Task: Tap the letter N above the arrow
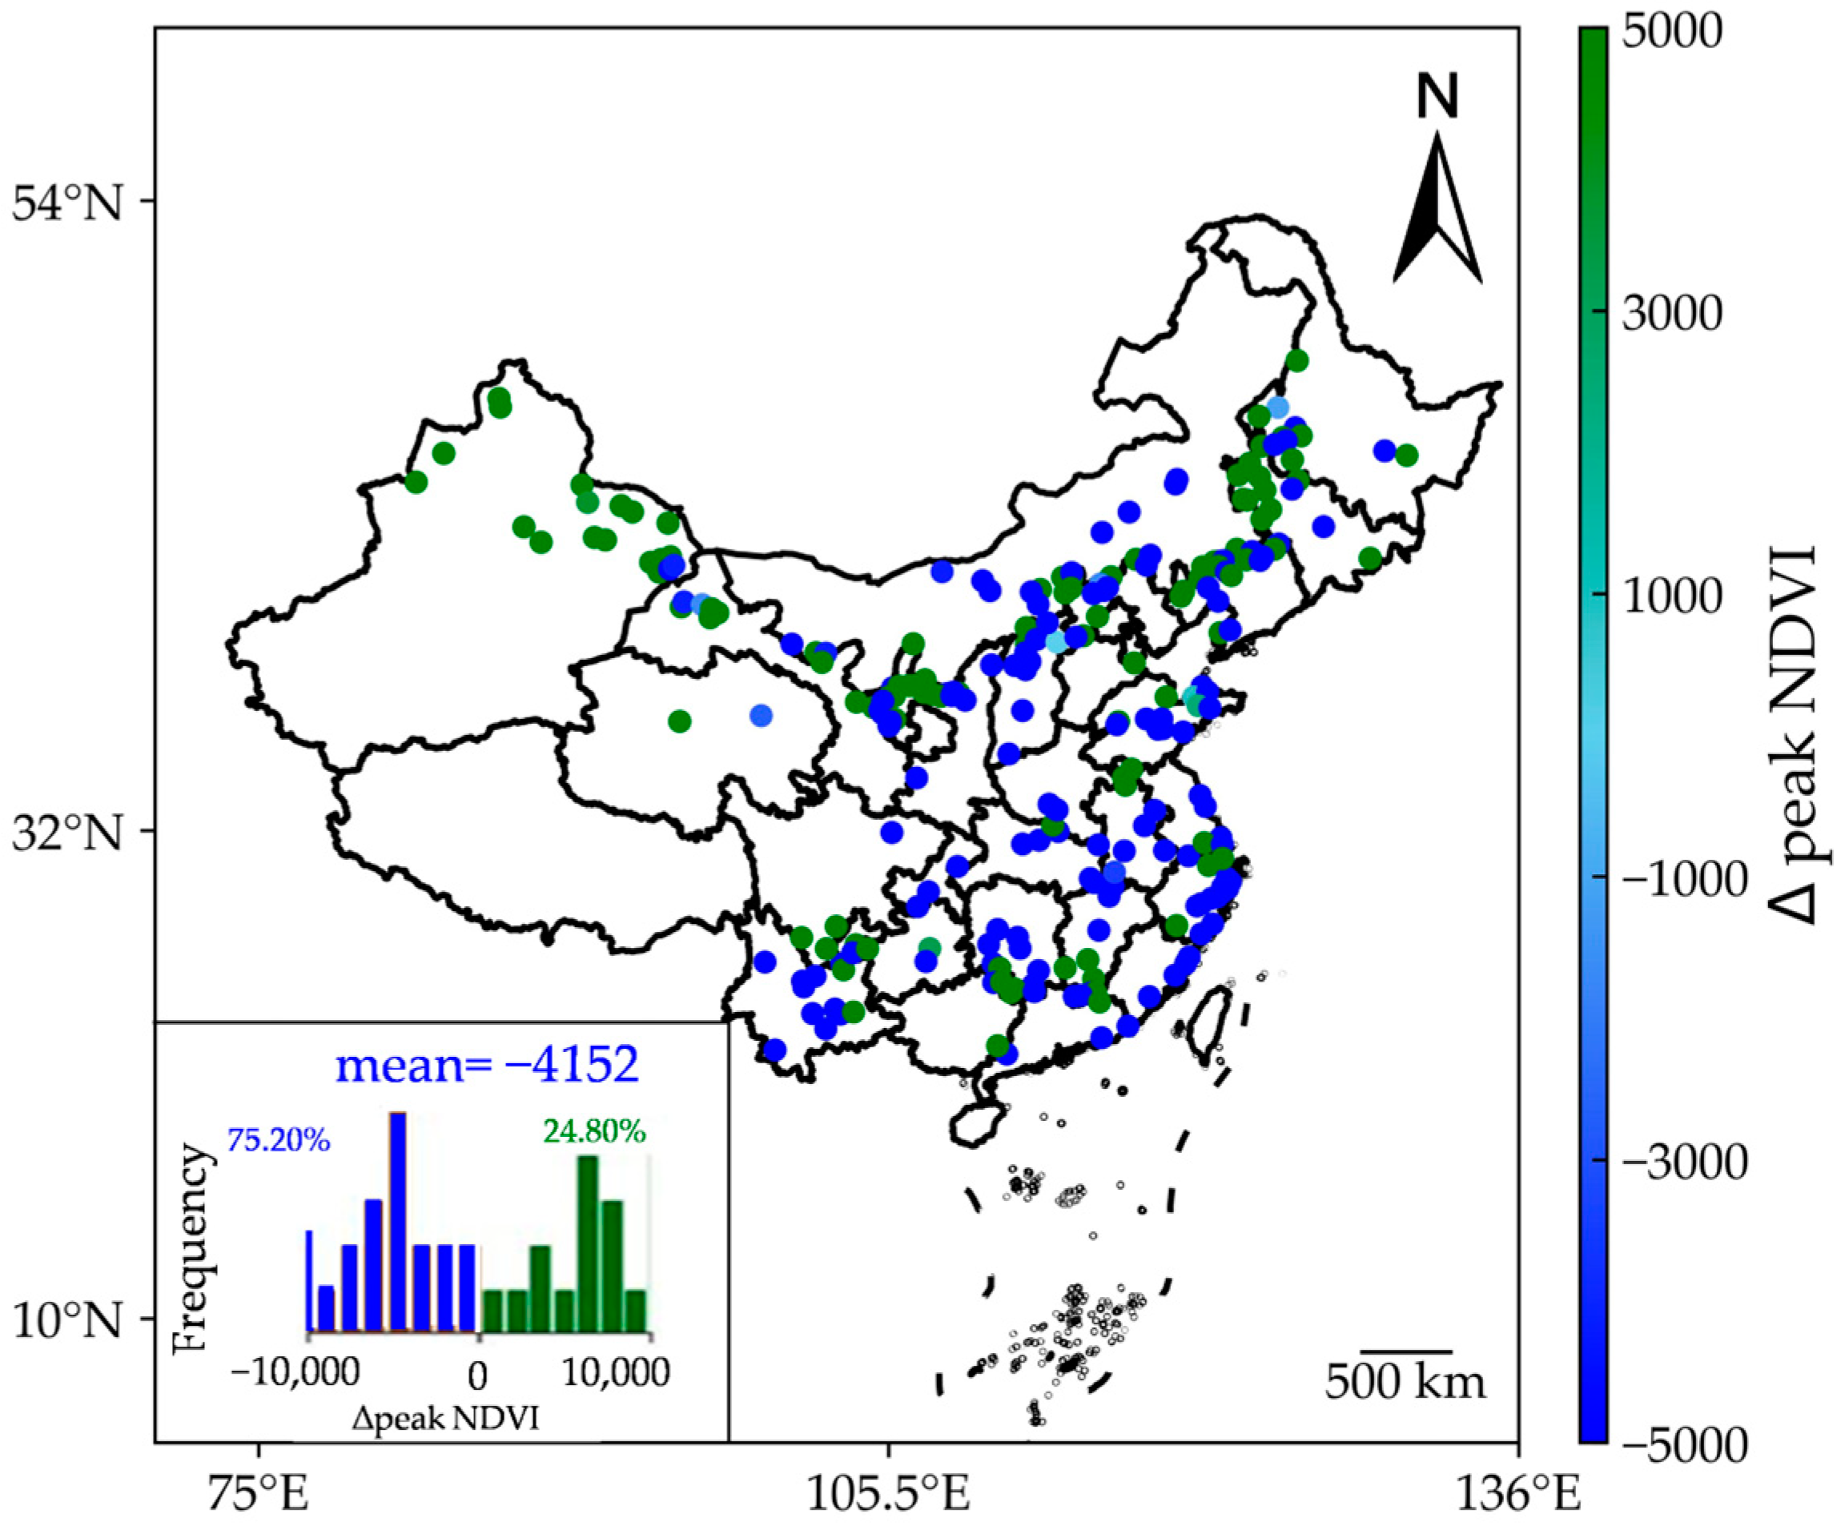(x=1437, y=97)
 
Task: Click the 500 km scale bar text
(x=1405, y=1382)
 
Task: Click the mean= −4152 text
(x=487, y=1065)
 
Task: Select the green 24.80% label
(x=594, y=1131)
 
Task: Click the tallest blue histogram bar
(x=398, y=1221)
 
